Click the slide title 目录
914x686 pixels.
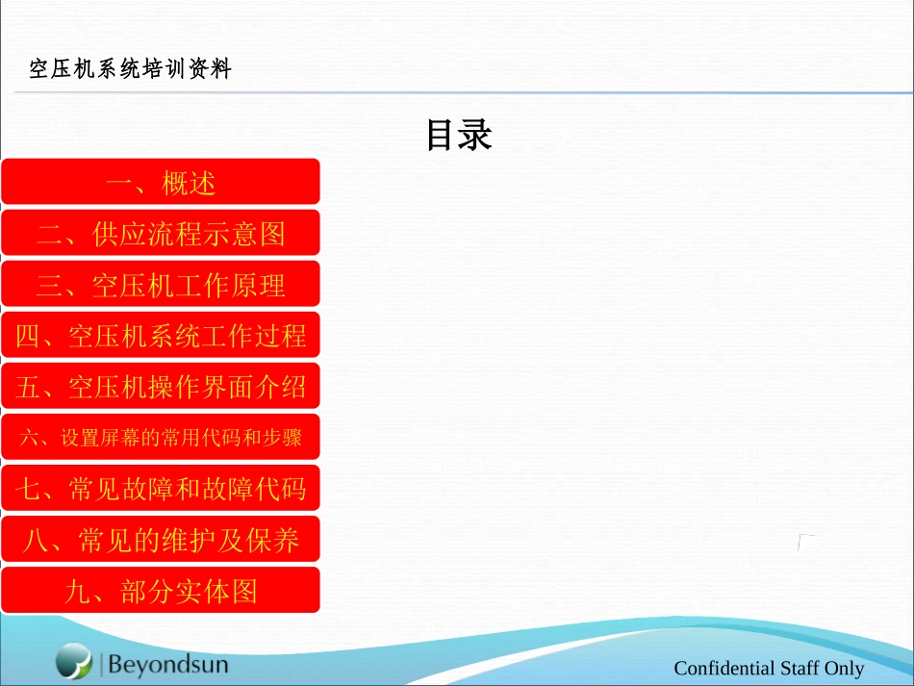(x=459, y=135)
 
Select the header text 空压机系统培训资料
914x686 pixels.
(x=130, y=69)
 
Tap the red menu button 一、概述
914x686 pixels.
(x=160, y=182)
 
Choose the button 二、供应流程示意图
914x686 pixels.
(x=160, y=233)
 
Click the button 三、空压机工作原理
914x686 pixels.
(x=160, y=285)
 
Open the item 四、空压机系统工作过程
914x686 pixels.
(x=160, y=336)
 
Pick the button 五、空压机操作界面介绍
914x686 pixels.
(x=160, y=387)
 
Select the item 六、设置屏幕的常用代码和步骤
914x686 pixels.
(x=160, y=438)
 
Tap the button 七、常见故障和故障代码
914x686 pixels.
(x=160, y=489)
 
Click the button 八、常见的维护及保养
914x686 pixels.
(x=160, y=540)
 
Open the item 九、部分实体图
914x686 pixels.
(x=160, y=591)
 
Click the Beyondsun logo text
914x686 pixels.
(x=168, y=664)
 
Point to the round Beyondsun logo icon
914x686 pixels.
(x=73, y=661)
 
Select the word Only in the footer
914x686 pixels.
(x=845, y=669)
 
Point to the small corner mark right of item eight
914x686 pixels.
(x=805, y=543)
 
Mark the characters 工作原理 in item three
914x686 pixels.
(x=232, y=285)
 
